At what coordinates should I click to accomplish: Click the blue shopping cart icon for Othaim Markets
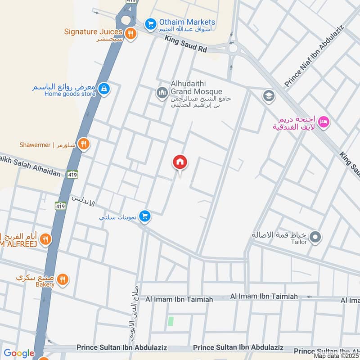pos(150,22)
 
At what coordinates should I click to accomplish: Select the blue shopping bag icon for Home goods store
pos(104,89)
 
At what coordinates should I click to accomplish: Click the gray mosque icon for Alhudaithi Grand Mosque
pos(162,93)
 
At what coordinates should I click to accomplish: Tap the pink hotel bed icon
pos(324,121)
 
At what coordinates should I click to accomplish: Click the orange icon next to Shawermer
pos(83,144)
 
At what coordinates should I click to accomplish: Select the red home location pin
pos(180,162)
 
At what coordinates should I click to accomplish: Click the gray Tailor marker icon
pos(316,237)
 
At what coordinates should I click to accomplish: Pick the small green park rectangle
pos(171,322)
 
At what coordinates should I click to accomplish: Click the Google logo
pos(19,354)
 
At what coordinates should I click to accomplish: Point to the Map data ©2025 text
pos(336,355)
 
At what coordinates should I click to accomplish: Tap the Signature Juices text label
pos(93,31)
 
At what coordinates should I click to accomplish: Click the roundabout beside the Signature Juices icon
pos(125,19)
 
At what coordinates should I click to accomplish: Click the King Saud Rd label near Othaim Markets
pos(185,45)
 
